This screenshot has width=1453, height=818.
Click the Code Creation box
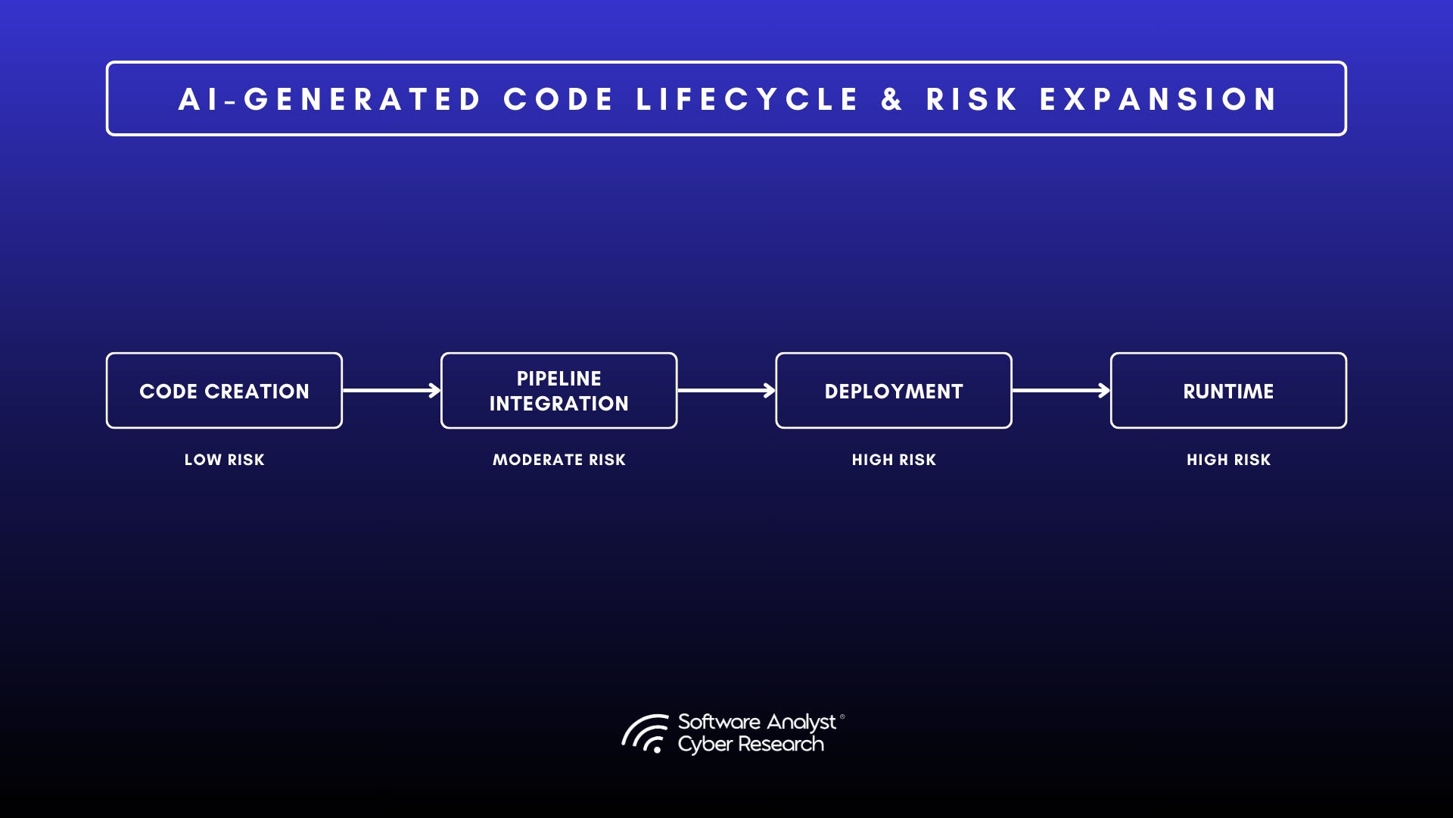pyautogui.click(x=224, y=391)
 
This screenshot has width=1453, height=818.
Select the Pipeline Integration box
pyautogui.click(x=558, y=391)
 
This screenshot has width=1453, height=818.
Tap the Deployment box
pyautogui.click(x=893, y=391)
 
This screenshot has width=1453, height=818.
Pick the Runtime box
pyautogui.click(x=1227, y=391)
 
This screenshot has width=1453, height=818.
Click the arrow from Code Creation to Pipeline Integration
pyautogui.click(x=391, y=391)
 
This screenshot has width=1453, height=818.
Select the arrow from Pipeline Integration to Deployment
pyautogui.click(x=726, y=391)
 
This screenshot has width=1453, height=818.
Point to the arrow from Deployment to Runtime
pyautogui.click(x=1060, y=391)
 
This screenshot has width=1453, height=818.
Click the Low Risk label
pyautogui.click(x=224, y=460)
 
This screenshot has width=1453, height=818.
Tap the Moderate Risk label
pyautogui.click(x=558, y=460)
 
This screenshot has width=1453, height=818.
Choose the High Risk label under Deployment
pyautogui.click(x=894, y=460)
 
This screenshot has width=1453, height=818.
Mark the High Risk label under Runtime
pyautogui.click(x=1228, y=460)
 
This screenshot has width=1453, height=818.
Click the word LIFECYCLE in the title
pyautogui.click(x=747, y=99)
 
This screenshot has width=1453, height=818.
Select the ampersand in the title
pyautogui.click(x=892, y=99)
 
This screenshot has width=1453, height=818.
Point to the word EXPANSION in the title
pyautogui.click(x=1159, y=99)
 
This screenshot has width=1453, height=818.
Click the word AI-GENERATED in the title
pyautogui.click(x=330, y=99)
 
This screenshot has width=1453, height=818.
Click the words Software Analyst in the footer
pyautogui.click(x=757, y=722)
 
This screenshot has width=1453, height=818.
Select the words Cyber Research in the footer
pyautogui.click(x=751, y=745)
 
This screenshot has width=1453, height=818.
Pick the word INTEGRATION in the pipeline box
pyautogui.click(x=558, y=404)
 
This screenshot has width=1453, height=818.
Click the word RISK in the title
pyautogui.click(x=972, y=99)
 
